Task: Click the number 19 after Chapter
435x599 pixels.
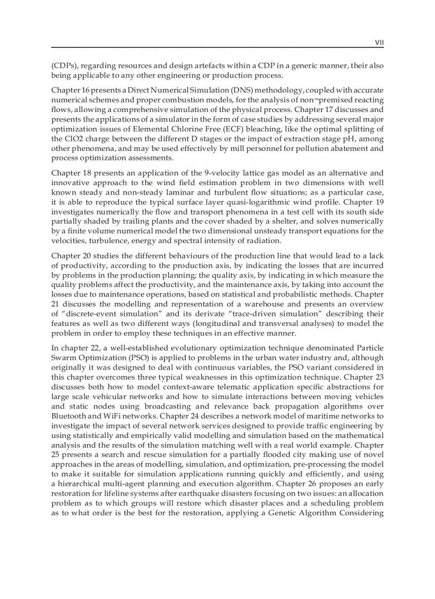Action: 378,202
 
